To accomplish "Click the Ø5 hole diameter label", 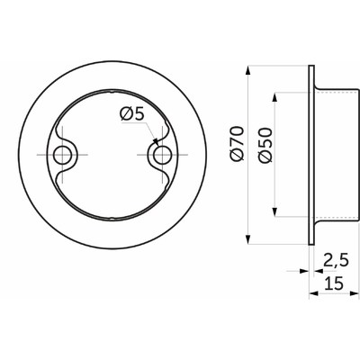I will tap(131, 114).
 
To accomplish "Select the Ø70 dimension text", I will tap(238, 144).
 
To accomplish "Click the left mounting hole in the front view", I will tap(63, 156).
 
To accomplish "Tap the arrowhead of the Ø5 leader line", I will tap(157, 143).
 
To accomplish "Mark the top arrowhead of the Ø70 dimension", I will tap(248, 68).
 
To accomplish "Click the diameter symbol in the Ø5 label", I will tap(124, 114).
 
